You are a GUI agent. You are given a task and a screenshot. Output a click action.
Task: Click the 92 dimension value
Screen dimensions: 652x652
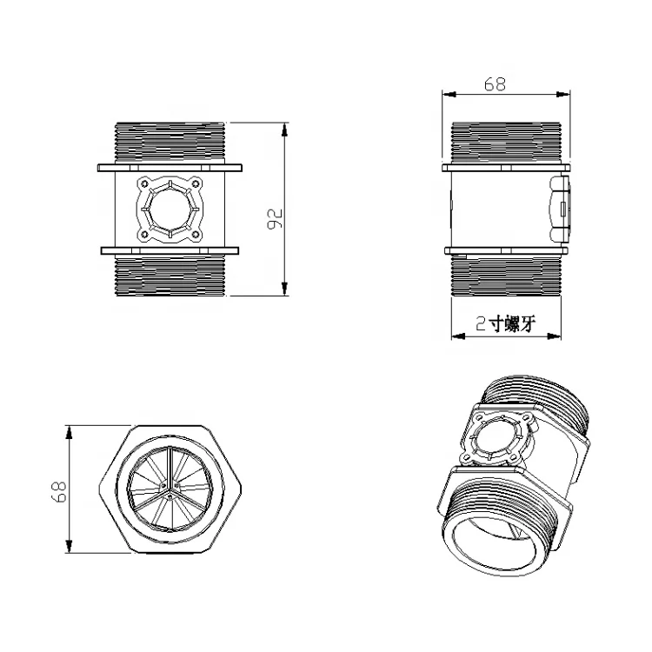[275, 218]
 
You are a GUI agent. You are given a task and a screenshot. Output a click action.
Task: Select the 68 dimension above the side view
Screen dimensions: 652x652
[495, 84]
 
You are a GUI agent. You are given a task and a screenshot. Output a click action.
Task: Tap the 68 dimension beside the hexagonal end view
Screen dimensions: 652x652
[59, 492]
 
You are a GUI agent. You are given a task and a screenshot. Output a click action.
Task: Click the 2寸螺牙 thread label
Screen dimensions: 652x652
[506, 323]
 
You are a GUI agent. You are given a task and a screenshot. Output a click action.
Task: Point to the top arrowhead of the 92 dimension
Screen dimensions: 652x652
[284, 130]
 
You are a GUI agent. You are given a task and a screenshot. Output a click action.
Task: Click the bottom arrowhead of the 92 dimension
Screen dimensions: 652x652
[284, 289]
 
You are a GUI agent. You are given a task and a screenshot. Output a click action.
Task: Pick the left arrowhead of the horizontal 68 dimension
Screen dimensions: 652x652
[449, 95]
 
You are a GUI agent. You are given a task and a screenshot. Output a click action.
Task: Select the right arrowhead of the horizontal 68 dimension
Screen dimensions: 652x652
[563, 95]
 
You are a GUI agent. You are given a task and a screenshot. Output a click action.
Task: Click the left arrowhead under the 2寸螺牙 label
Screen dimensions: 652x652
[459, 336]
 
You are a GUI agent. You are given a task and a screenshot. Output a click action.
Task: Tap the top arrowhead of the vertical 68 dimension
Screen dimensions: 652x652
[69, 432]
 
